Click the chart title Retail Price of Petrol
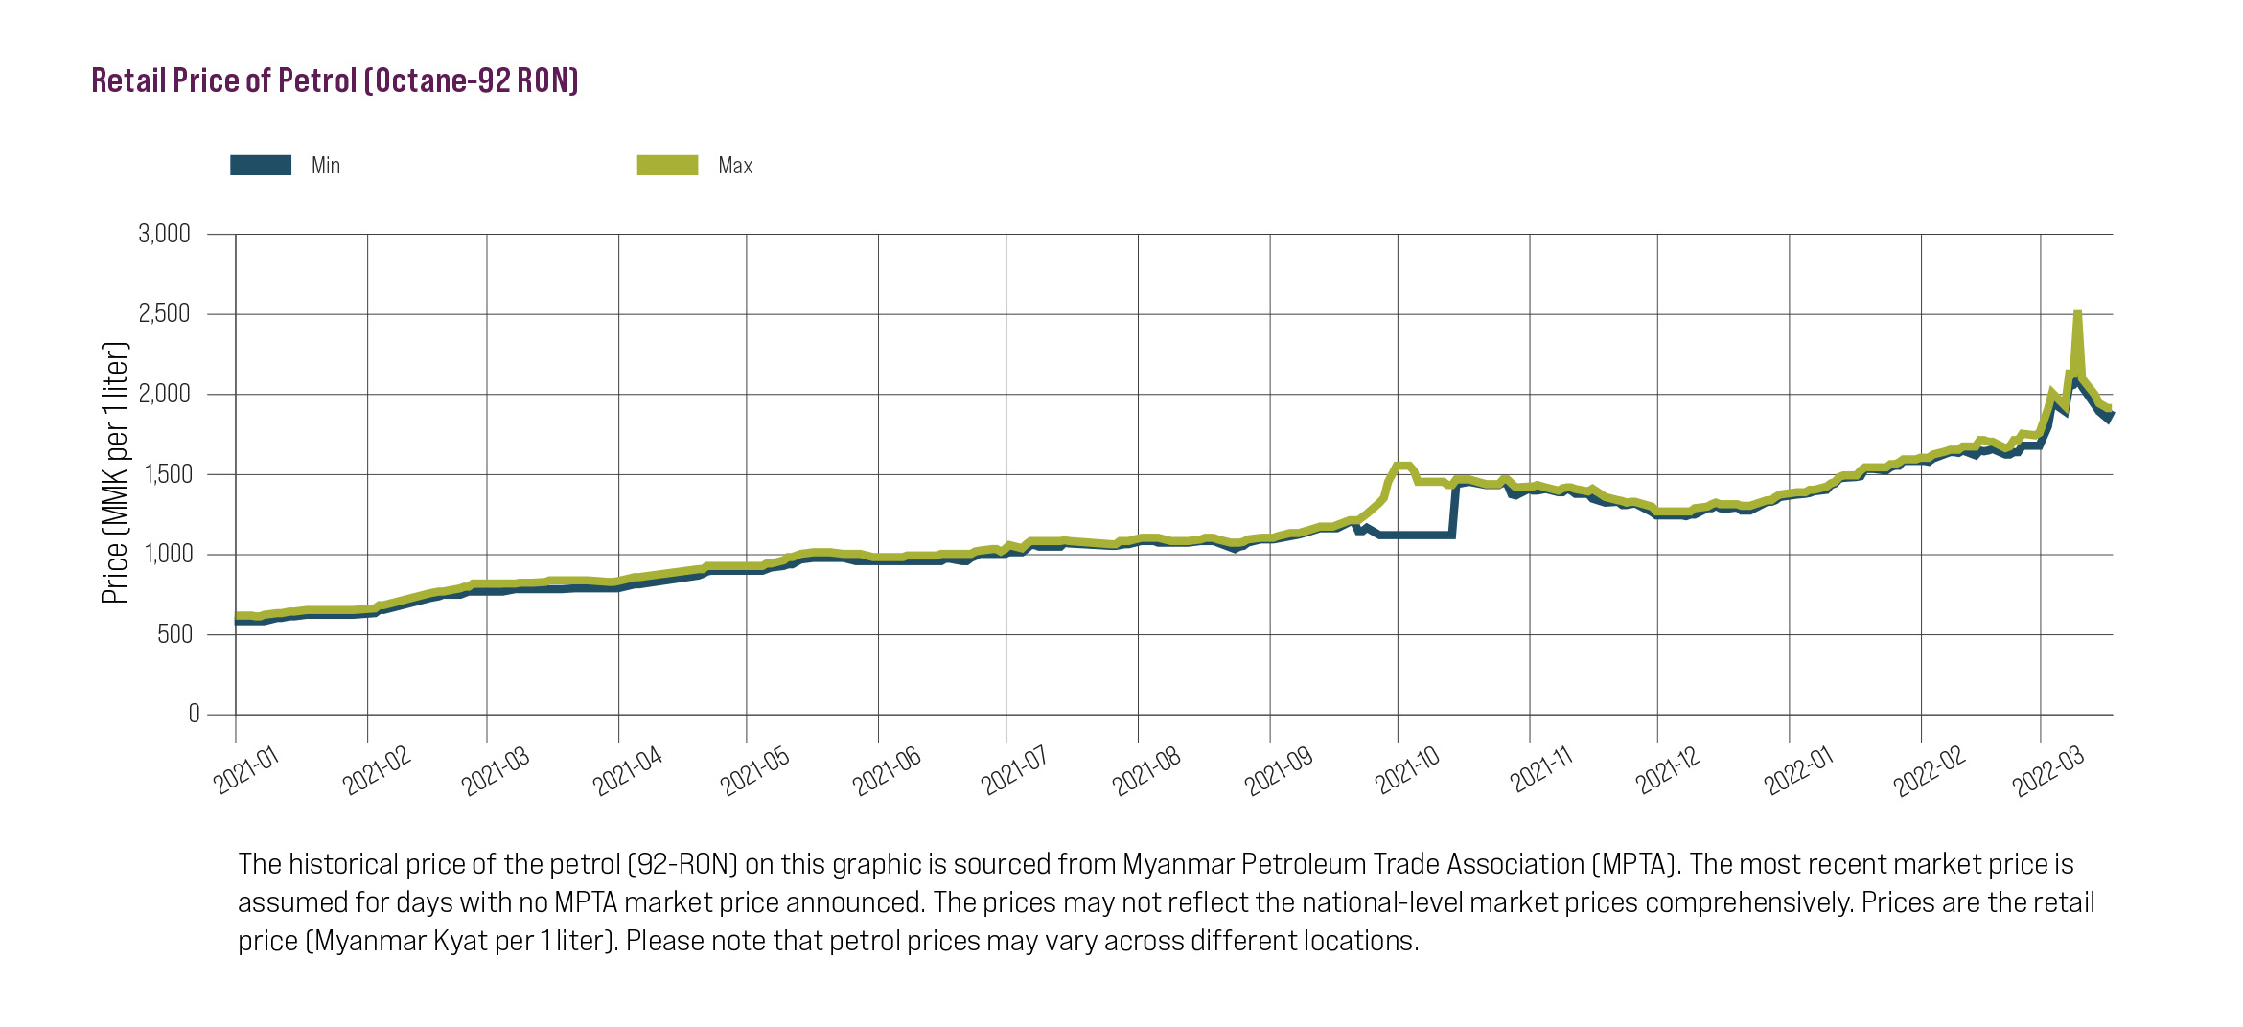coord(335,80)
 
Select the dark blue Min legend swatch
coord(261,166)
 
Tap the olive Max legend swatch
coord(667,166)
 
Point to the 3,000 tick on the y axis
coord(165,234)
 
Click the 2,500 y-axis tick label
coord(165,313)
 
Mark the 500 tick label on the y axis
coord(174,634)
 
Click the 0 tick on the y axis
coord(195,714)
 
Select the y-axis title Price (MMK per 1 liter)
coord(114,472)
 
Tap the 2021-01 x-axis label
coord(246,770)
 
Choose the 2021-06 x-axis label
coord(887,770)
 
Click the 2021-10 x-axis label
coord(1407,770)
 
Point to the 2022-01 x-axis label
coord(1798,770)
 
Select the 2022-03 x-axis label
coord(2048,770)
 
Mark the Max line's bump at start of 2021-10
coord(1402,467)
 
